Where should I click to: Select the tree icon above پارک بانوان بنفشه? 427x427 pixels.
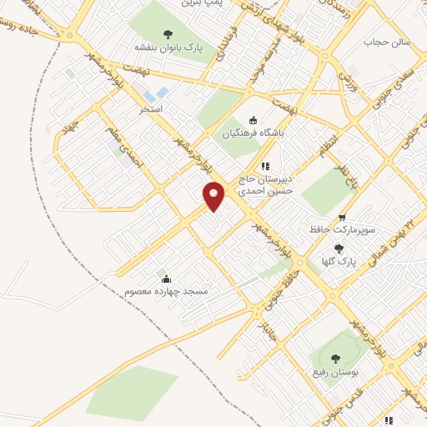(168, 34)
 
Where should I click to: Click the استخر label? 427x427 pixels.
(152, 109)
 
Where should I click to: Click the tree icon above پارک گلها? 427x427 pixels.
(338, 249)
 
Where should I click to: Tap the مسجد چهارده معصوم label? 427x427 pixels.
(165, 291)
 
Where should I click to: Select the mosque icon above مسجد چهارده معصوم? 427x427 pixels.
(165, 279)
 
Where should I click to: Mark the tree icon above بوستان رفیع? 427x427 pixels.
(335, 359)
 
